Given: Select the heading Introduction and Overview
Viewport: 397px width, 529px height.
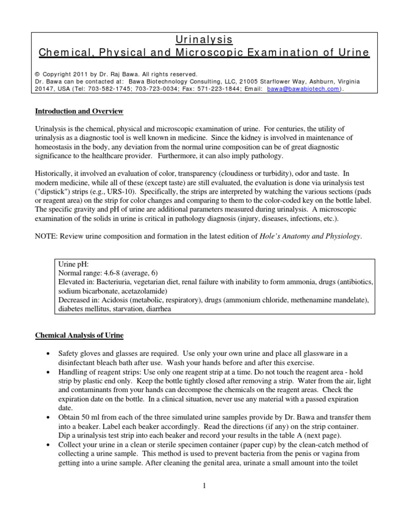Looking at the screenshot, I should click(79, 111).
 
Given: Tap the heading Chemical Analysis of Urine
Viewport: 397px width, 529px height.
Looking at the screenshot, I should click(79, 335).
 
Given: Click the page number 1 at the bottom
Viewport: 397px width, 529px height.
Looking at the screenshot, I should click(205, 485).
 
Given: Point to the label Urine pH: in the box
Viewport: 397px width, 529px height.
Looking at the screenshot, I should click(74, 264).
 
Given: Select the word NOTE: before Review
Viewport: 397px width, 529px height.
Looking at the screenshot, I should click(46, 237).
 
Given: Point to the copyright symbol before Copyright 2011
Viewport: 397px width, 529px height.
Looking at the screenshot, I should click(37, 74).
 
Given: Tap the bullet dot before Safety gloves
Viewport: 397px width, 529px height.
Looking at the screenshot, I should click(48, 354).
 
